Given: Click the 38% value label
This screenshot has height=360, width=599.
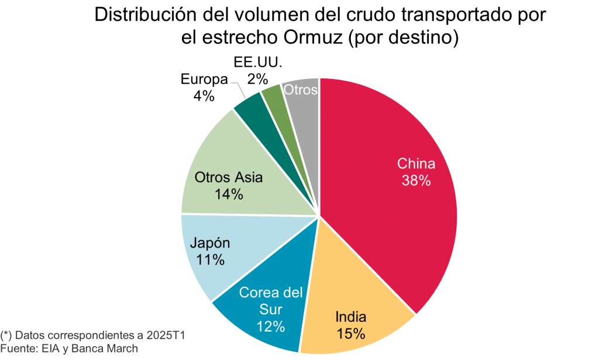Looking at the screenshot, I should [416, 181].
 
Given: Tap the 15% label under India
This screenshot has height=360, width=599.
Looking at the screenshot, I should [351, 334].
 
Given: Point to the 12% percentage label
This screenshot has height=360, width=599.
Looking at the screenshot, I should [270, 325].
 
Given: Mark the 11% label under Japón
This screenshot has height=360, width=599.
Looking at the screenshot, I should [210, 260].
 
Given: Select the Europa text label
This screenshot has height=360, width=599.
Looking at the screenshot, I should [204, 79].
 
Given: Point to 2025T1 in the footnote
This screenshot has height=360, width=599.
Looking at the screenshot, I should [167, 336].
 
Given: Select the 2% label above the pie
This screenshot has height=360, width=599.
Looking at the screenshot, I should [257, 77].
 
